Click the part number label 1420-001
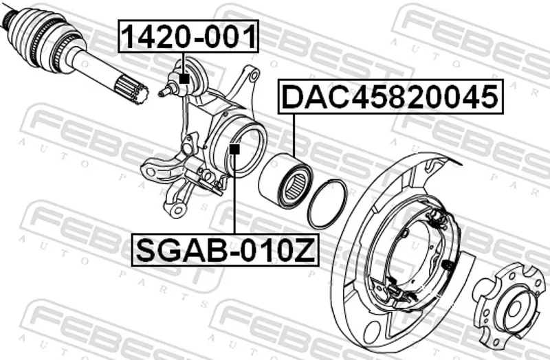point(188,36)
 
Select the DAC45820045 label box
point(390,97)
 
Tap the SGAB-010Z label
point(225,249)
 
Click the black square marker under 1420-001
point(184,78)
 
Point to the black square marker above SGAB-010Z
point(234,150)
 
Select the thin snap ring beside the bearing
point(328,203)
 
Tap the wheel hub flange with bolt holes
point(509,306)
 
